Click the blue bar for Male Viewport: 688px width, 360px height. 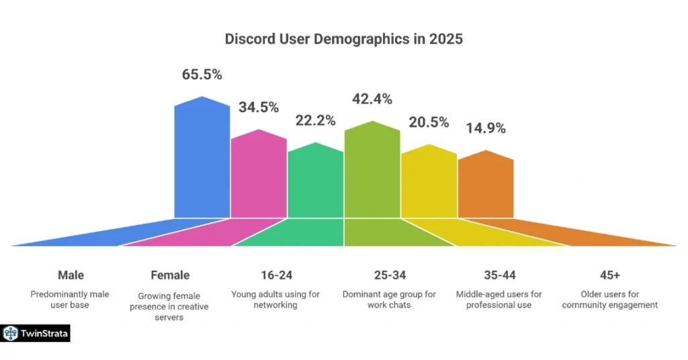[202, 161]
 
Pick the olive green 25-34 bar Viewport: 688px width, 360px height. [372, 171]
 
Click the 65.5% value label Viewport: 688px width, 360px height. [202, 75]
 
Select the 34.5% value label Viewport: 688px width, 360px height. [259, 107]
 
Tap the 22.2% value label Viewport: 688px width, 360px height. [315, 121]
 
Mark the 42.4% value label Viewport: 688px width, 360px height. [372, 99]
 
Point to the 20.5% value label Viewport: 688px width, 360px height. [429, 122]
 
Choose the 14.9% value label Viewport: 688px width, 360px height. [485, 128]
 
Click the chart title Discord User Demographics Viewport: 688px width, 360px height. [343, 39]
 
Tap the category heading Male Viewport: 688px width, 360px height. [71, 275]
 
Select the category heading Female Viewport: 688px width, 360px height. [170, 275]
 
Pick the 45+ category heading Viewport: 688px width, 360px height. [610, 275]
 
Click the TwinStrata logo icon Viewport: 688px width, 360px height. [10, 333]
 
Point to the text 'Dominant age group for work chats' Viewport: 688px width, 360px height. [389, 300]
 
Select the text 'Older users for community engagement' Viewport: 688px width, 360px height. [610, 300]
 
